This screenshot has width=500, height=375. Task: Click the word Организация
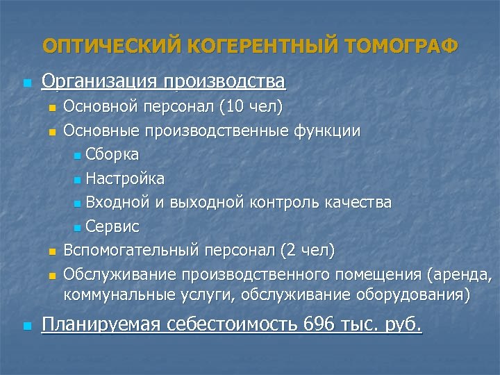pos(100,82)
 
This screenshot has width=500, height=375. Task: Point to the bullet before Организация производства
pos(26,83)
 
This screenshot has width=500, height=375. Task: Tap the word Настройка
pos(125,178)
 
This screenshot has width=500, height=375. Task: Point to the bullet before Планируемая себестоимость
pos(26,326)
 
